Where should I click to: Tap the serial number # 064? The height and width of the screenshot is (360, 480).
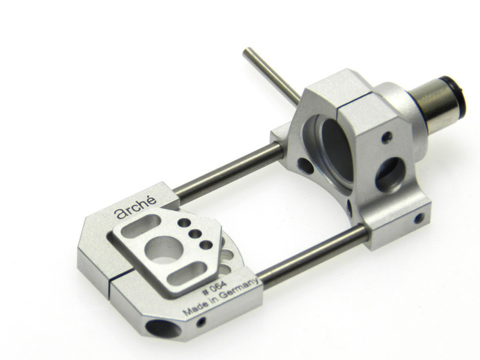(x=215, y=288)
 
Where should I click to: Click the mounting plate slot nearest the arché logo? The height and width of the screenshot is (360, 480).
(x=141, y=226)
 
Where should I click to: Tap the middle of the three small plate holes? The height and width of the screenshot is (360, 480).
(x=195, y=234)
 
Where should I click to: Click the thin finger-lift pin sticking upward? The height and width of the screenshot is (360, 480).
(x=271, y=76)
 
